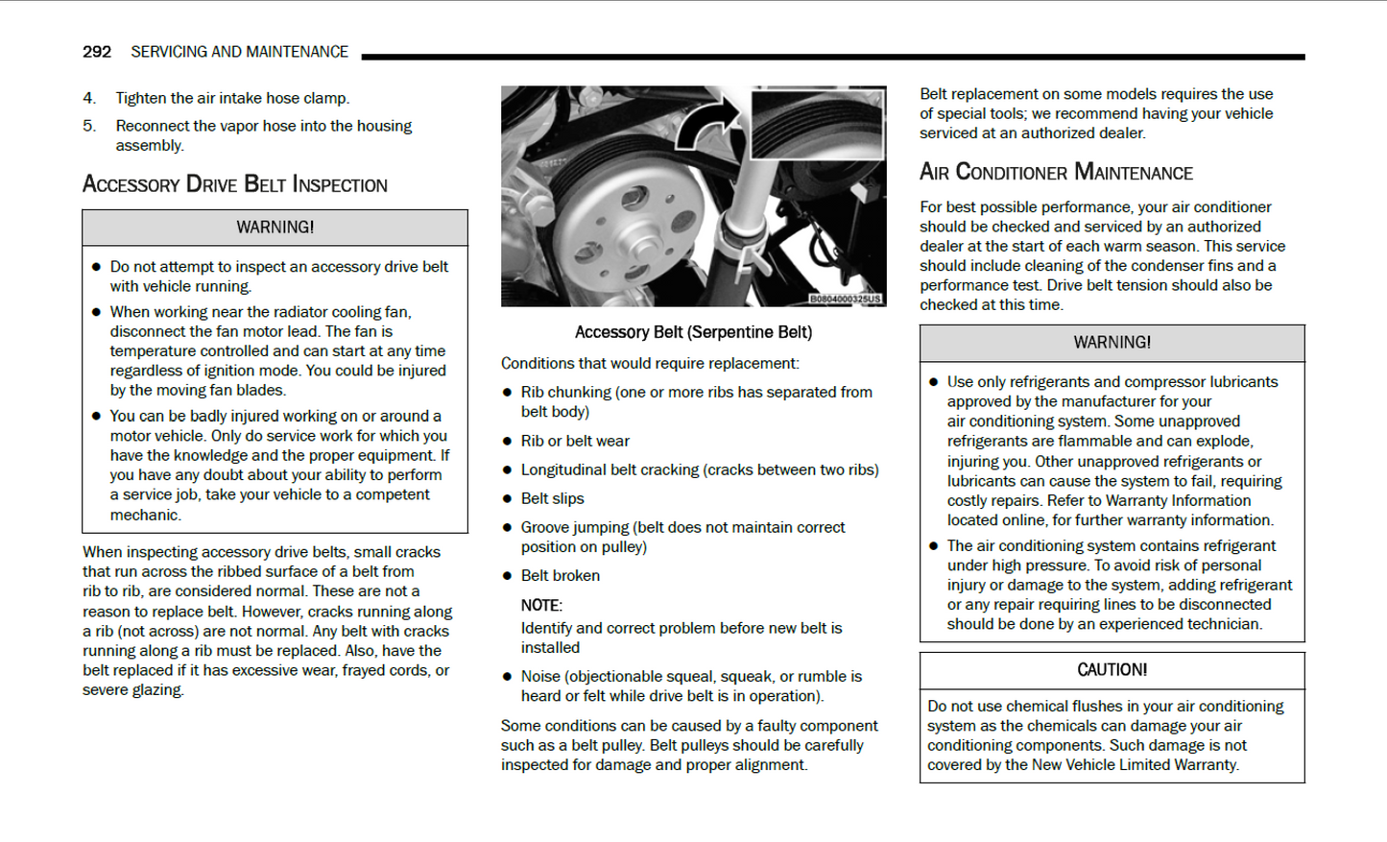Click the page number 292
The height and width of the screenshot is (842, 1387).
pyautogui.click(x=96, y=52)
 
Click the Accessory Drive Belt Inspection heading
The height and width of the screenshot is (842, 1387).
pyautogui.click(x=235, y=184)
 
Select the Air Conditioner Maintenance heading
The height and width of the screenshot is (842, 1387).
pyautogui.click(x=1056, y=173)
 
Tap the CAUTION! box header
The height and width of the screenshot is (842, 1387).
pyautogui.click(x=1112, y=670)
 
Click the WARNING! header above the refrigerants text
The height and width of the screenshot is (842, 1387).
pyautogui.click(x=1112, y=343)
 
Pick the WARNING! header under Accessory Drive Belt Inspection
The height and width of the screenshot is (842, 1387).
pyautogui.click(x=275, y=228)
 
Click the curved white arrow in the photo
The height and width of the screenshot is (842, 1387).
pyautogui.click(x=707, y=125)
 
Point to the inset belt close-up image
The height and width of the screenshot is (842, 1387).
pyautogui.click(x=817, y=124)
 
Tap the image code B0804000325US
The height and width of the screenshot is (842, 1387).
pyautogui.click(x=844, y=300)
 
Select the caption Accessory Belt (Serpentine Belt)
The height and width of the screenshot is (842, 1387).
pyautogui.click(x=693, y=332)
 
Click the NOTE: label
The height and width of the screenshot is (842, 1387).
pyautogui.click(x=541, y=606)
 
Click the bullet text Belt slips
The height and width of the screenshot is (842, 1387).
pyautogui.click(x=552, y=498)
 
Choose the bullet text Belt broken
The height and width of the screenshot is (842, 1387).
pyautogui.click(x=560, y=575)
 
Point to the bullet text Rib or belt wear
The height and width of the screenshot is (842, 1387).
pyautogui.click(x=575, y=441)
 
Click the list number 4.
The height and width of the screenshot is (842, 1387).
pyautogui.click(x=88, y=98)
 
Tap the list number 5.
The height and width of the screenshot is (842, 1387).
pyautogui.click(x=88, y=126)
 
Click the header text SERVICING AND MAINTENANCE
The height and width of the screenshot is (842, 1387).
pyautogui.click(x=239, y=52)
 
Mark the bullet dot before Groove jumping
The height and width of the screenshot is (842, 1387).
pyautogui.click(x=508, y=528)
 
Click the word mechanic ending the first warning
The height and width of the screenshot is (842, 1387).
pyautogui.click(x=144, y=515)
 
